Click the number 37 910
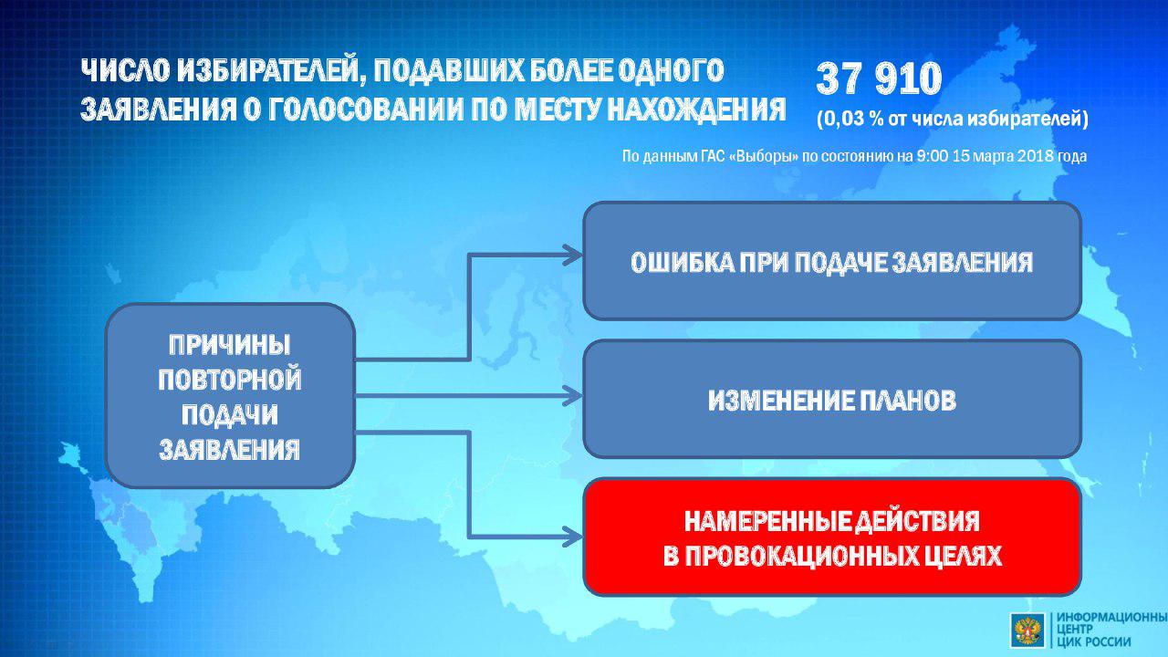click(x=879, y=78)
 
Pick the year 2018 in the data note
click(x=1023, y=156)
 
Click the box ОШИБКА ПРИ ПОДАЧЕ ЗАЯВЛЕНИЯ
click(x=832, y=261)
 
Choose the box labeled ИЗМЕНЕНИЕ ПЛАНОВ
click(x=832, y=399)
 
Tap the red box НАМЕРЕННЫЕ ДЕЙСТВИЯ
click(x=832, y=537)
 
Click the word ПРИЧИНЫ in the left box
click(x=230, y=345)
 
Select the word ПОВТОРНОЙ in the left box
click(x=230, y=380)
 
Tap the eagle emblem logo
click(x=1027, y=630)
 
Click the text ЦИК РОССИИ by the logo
click(x=1094, y=641)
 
